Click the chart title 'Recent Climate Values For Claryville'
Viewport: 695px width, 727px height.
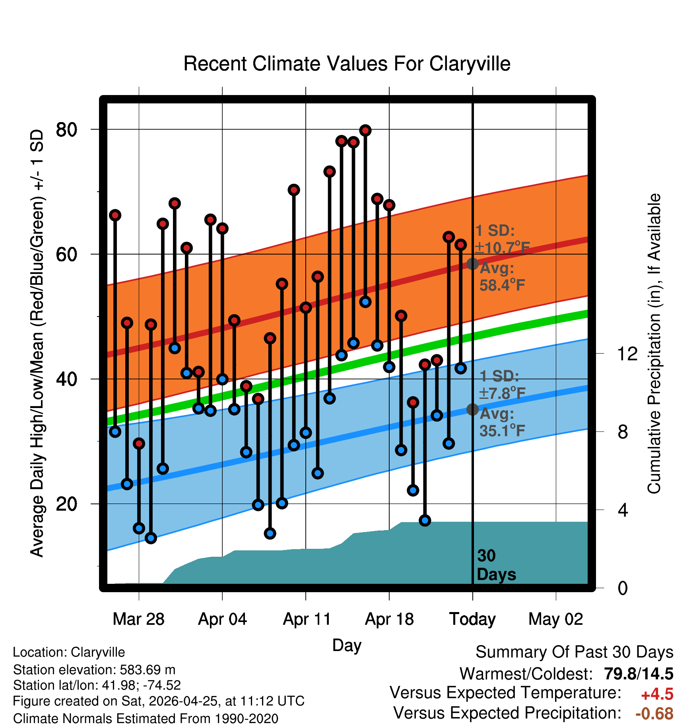tap(347, 64)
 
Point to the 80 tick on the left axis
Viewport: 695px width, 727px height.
tap(67, 130)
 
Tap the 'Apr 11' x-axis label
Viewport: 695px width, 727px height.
tap(307, 619)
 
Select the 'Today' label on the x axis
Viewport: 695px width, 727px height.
tap(472, 619)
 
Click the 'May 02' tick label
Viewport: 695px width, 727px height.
tap(555, 619)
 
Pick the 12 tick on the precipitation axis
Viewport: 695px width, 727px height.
tap(627, 353)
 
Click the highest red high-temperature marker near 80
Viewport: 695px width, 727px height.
tap(365, 130)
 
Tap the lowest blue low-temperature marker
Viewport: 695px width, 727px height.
tap(151, 538)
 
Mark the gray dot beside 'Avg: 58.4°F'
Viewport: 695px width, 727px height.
tap(472, 264)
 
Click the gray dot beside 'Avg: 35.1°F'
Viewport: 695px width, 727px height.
tap(472, 409)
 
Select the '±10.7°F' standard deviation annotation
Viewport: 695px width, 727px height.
tap(503, 248)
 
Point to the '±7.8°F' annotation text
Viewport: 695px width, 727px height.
tap(502, 393)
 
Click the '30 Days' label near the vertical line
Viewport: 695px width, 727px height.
tap(496, 565)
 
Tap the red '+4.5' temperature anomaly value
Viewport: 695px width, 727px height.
tap(657, 694)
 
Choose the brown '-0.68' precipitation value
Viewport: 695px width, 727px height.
tap(654, 713)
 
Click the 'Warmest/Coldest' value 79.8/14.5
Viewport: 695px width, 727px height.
tap(639, 674)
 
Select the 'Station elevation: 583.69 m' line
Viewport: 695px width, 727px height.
tap(94, 670)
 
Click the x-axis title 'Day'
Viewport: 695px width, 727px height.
tap(347, 645)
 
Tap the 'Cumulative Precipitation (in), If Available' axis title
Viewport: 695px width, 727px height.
tap(654, 344)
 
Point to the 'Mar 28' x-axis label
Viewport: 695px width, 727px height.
tap(138, 619)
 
